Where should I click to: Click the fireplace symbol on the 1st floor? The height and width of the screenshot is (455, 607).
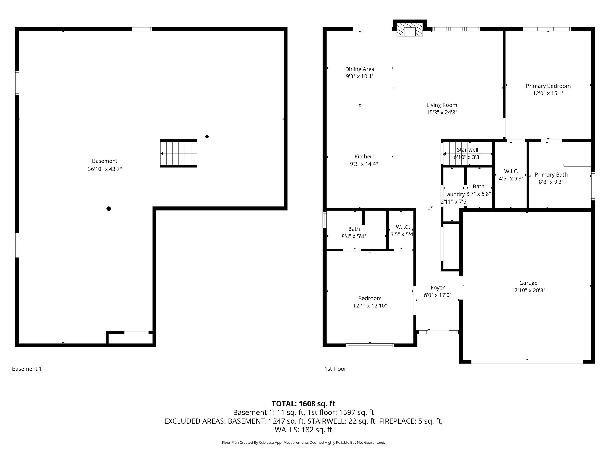pyautogui.click(x=410, y=30)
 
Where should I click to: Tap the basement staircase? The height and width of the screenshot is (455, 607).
pyautogui.click(x=179, y=153)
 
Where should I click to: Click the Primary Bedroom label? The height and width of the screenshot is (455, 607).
pyautogui.click(x=548, y=86)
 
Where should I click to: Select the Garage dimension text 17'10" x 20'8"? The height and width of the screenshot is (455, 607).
pyautogui.click(x=528, y=290)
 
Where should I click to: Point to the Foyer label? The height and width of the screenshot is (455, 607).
pyautogui.click(x=438, y=288)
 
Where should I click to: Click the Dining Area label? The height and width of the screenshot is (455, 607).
pyautogui.click(x=360, y=69)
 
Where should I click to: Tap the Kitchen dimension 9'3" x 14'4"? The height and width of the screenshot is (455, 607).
pyautogui.click(x=364, y=164)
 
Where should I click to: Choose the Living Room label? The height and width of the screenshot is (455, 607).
pyautogui.click(x=442, y=105)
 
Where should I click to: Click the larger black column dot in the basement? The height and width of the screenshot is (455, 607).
pyautogui.click(x=108, y=209)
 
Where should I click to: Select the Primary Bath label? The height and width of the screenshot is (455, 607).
pyautogui.click(x=551, y=175)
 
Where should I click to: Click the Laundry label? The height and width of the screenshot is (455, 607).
pyautogui.click(x=454, y=194)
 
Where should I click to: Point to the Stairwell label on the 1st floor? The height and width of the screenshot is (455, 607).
pyautogui.click(x=468, y=150)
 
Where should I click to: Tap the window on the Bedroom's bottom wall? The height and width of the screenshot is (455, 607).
pyautogui.click(x=370, y=345)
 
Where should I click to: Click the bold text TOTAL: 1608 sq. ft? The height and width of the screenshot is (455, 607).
pyautogui.click(x=303, y=404)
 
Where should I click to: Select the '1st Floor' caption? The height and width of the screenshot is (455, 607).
pyautogui.click(x=336, y=369)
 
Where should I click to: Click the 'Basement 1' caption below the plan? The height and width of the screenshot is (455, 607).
pyautogui.click(x=27, y=369)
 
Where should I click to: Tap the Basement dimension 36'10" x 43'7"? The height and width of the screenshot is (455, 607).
pyautogui.click(x=105, y=169)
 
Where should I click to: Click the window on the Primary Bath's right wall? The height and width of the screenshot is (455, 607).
pyautogui.click(x=593, y=186)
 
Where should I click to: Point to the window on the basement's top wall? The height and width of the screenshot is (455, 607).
pyautogui.click(x=142, y=29)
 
